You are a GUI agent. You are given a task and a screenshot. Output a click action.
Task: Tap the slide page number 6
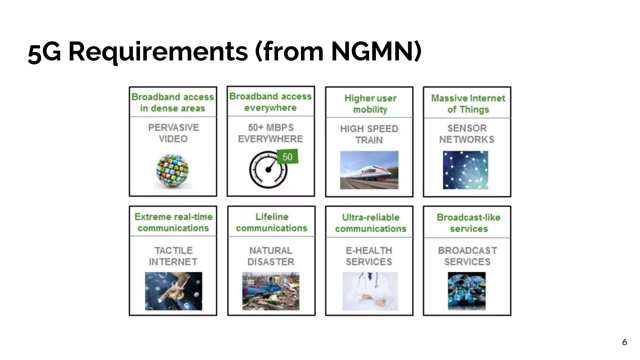click(x=624, y=342)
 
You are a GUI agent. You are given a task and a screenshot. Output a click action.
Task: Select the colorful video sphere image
click(x=172, y=171)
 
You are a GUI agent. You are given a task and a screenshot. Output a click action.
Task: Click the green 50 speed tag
click(x=287, y=157)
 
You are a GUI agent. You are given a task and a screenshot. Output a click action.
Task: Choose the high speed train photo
click(x=369, y=170)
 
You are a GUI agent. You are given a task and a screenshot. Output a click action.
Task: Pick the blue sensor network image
click(x=465, y=170)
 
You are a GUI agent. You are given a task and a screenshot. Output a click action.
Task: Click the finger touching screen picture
click(x=173, y=291)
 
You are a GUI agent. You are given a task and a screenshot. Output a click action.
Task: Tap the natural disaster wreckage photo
click(x=271, y=291)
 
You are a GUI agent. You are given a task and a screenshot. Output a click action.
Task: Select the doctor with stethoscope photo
click(x=370, y=291)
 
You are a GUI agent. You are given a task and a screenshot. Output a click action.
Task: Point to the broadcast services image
click(x=467, y=291)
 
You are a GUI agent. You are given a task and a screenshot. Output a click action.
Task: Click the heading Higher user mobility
click(x=370, y=104)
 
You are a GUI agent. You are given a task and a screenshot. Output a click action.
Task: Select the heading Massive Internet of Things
click(x=468, y=104)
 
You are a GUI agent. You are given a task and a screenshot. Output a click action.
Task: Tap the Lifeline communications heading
click(x=272, y=222)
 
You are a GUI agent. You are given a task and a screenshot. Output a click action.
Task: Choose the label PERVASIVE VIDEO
click(x=173, y=133)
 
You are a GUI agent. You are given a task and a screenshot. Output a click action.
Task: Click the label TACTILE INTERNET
click(x=173, y=256)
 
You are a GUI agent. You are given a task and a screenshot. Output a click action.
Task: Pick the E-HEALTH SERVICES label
click(x=369, y=256)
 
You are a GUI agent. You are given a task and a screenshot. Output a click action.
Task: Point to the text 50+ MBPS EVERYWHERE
click(x=271, y=133)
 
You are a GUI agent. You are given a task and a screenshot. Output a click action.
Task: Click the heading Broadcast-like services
click(x=468, y=223)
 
